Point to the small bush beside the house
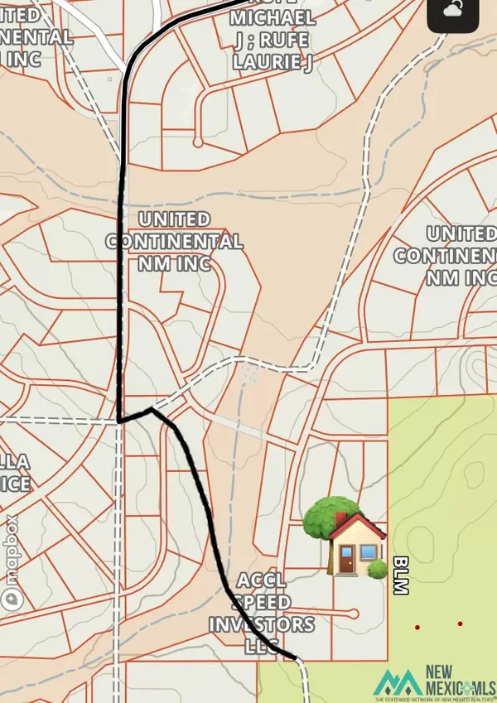[x=377, y=570]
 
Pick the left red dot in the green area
[x=417, y=627]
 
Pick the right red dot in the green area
[x=460, y=624]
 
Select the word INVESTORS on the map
[x=262, y=624]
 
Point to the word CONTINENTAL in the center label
[x=175, y=242]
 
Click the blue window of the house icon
[x=365, y=551]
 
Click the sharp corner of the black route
[x=121, y=420]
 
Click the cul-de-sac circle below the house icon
[x=355, y=614]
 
